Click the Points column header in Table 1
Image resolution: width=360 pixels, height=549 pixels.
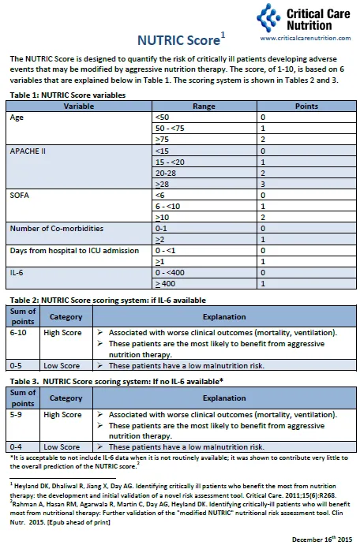coord(306,106)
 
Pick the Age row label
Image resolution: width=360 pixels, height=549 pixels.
coord(17,117)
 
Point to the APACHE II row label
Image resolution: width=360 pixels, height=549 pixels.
coord(28,150)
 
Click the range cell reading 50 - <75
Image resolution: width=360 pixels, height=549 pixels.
coord(175,128)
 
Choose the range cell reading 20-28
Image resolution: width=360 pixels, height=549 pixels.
coord(168,172)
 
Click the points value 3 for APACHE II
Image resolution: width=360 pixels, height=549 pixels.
coord(263,183)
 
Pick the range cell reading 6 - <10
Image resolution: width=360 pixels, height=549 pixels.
coord(173,205)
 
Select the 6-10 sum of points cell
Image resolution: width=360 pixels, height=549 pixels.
coord(20,332)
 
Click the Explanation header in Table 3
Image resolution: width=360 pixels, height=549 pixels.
coord(223,398)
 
